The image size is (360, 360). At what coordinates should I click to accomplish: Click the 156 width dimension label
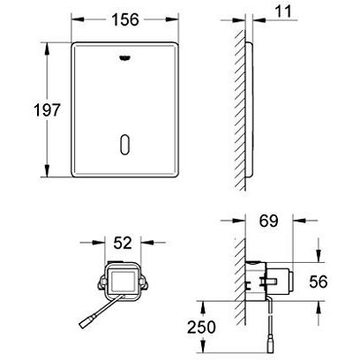point(125,20)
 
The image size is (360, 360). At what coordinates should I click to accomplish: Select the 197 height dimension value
point(47,110)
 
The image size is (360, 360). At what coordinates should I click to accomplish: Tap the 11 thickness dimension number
point(282,11)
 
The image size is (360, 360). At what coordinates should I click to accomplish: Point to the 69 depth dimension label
point(268,221)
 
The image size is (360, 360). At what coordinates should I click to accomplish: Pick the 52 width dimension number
point(123,243)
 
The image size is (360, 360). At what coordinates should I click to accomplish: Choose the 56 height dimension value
point(319,281)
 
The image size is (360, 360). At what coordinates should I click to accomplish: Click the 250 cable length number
point(201,327)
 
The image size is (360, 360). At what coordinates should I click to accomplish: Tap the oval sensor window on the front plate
point(125,145)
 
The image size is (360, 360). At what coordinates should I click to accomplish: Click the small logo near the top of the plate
point(125,58)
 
